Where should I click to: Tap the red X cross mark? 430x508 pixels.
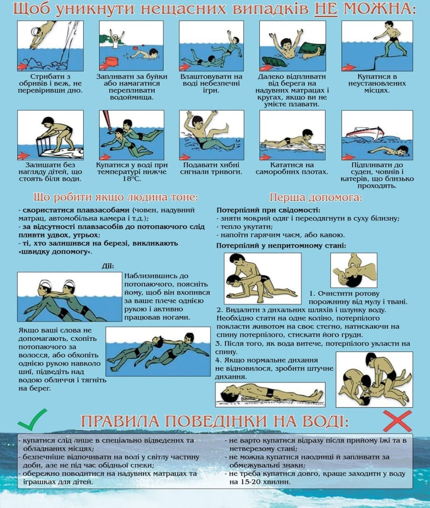(x=397, y=421)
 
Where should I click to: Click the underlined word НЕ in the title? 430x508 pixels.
(x=326, y=9)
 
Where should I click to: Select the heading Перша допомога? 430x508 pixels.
(x=316, y=197)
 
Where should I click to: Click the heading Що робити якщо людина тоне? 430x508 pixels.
(x=115, y=197)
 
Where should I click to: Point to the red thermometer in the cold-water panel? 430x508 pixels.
(x=107, y=120)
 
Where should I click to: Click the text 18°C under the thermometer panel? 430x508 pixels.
(x=132, y=179)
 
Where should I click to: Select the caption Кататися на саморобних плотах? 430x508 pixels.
(x=292, y=168)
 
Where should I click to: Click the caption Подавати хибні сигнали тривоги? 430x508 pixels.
(x=211, y=168)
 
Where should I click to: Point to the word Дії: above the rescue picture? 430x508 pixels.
(x=108, y=266)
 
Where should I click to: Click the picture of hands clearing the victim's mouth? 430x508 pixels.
(x=354, y=270)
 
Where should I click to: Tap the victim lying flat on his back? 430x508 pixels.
(x=270, y=394)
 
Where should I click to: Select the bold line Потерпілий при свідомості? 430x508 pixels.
(x=268, y=210)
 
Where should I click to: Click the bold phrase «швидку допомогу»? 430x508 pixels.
(x=55, y=252)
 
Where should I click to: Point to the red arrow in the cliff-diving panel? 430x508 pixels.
(x=23, y=66)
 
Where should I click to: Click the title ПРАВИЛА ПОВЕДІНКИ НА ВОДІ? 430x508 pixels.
(x=215, y=421)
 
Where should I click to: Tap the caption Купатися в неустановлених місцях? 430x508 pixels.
(x=377, y=84)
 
